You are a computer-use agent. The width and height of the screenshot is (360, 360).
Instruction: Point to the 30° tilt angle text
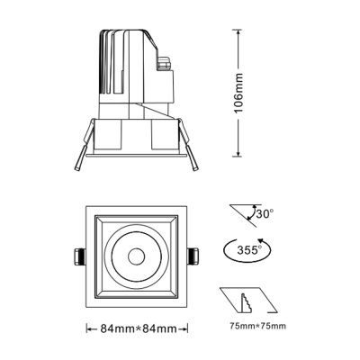(x=264, y=215)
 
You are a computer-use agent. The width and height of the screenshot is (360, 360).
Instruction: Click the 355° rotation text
(x=247, y=249)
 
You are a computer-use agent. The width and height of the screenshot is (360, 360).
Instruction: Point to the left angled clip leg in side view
(x=79, y=154)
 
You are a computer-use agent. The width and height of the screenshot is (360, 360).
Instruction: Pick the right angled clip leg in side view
(x=192, y=153)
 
